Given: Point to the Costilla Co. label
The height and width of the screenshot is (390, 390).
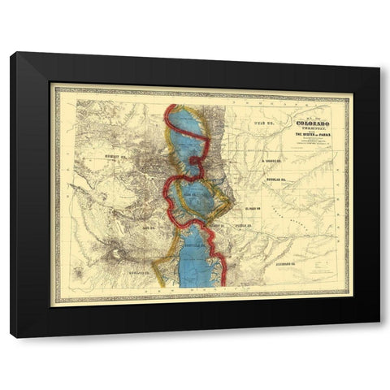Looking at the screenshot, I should click(x=193, y=248).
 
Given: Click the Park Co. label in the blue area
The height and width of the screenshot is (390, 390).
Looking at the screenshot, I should click(x=192, y=195).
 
